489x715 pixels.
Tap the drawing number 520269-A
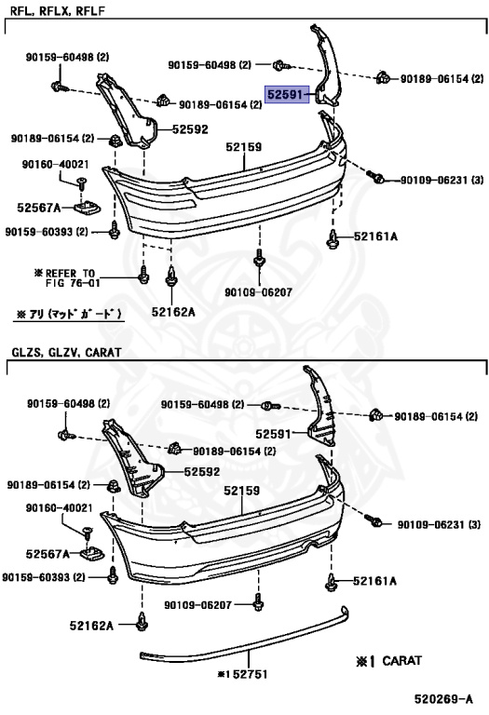443,698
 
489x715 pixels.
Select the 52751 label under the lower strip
242,674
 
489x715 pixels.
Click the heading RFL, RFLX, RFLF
58,10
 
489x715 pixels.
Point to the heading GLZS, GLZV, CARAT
67,352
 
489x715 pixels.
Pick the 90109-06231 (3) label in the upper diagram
441,180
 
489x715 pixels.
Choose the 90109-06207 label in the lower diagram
198,604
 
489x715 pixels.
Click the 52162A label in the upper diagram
173,312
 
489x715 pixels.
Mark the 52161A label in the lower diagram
375,581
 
